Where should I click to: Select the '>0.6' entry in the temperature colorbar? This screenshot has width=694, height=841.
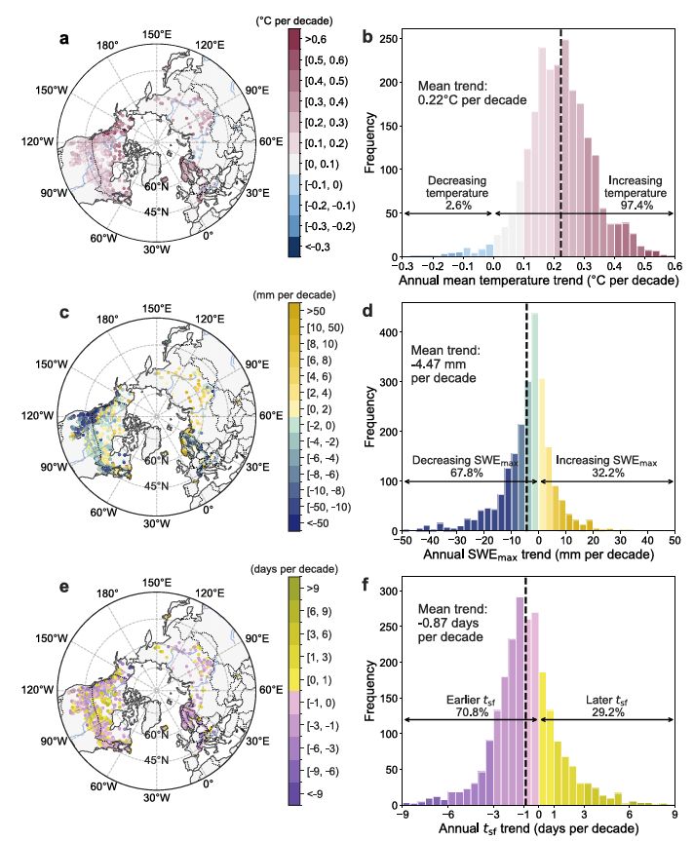(x=314, y=40)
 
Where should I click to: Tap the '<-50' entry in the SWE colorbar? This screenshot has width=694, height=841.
(x=316, y=522)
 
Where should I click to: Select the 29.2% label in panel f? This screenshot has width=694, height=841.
(x=612, y=712)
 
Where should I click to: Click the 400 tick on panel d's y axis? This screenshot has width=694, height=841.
(x=387, y=331)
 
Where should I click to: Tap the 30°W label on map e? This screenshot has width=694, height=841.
(x=157, y=797)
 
